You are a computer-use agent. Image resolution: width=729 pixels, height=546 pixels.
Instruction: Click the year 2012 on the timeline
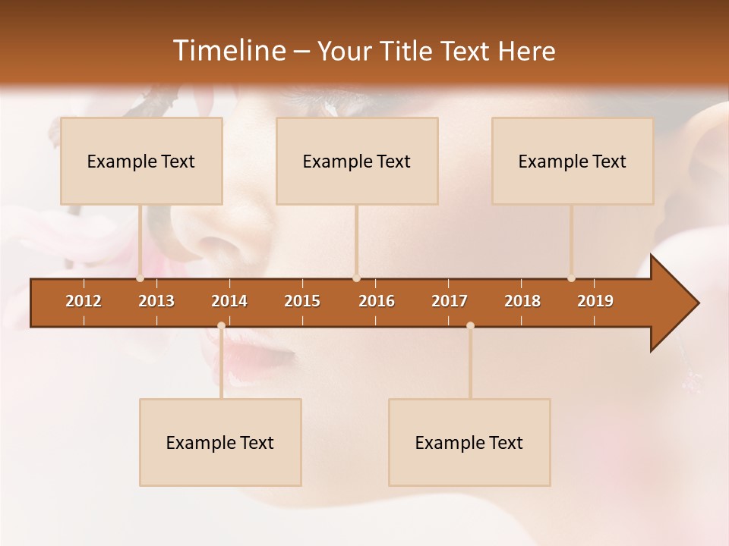coord(84,301)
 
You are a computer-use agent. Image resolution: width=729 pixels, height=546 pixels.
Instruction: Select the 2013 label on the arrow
coord(156,301)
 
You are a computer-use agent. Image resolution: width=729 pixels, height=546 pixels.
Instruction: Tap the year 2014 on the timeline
coord(229,301)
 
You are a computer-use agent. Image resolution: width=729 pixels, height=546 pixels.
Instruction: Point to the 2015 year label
coord(302,301)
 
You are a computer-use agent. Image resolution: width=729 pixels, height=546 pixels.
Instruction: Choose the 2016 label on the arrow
coord(377,301)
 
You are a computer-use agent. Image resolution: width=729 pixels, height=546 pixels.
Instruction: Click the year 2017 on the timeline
coord(450,301)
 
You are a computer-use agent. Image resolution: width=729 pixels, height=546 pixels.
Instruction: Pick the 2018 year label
coord(522,301)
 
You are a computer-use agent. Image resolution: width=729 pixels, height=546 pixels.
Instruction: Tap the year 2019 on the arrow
coord(595,301)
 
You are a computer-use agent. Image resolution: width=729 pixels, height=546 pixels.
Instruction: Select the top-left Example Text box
coord(141,162)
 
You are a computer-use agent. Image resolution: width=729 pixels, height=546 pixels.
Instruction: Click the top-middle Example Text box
coord(357,162)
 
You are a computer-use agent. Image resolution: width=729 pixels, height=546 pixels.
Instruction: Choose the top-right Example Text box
coord(573,162)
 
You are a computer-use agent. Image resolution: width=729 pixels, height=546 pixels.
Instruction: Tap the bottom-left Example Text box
coord(220,443)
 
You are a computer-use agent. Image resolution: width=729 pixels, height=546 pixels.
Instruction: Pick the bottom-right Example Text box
coord(469,443)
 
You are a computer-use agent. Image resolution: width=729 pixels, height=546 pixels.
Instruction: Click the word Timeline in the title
coord(228,51)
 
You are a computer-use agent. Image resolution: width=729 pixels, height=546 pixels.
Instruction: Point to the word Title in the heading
coord(410,52)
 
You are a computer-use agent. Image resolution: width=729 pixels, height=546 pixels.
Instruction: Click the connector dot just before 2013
coord(140,278)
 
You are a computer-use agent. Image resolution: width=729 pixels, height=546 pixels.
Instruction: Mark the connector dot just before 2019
coord(571,278)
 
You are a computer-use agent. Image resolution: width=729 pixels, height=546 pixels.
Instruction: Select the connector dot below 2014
coord(221,325)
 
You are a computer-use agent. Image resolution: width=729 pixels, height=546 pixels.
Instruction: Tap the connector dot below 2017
coord(470,325)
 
